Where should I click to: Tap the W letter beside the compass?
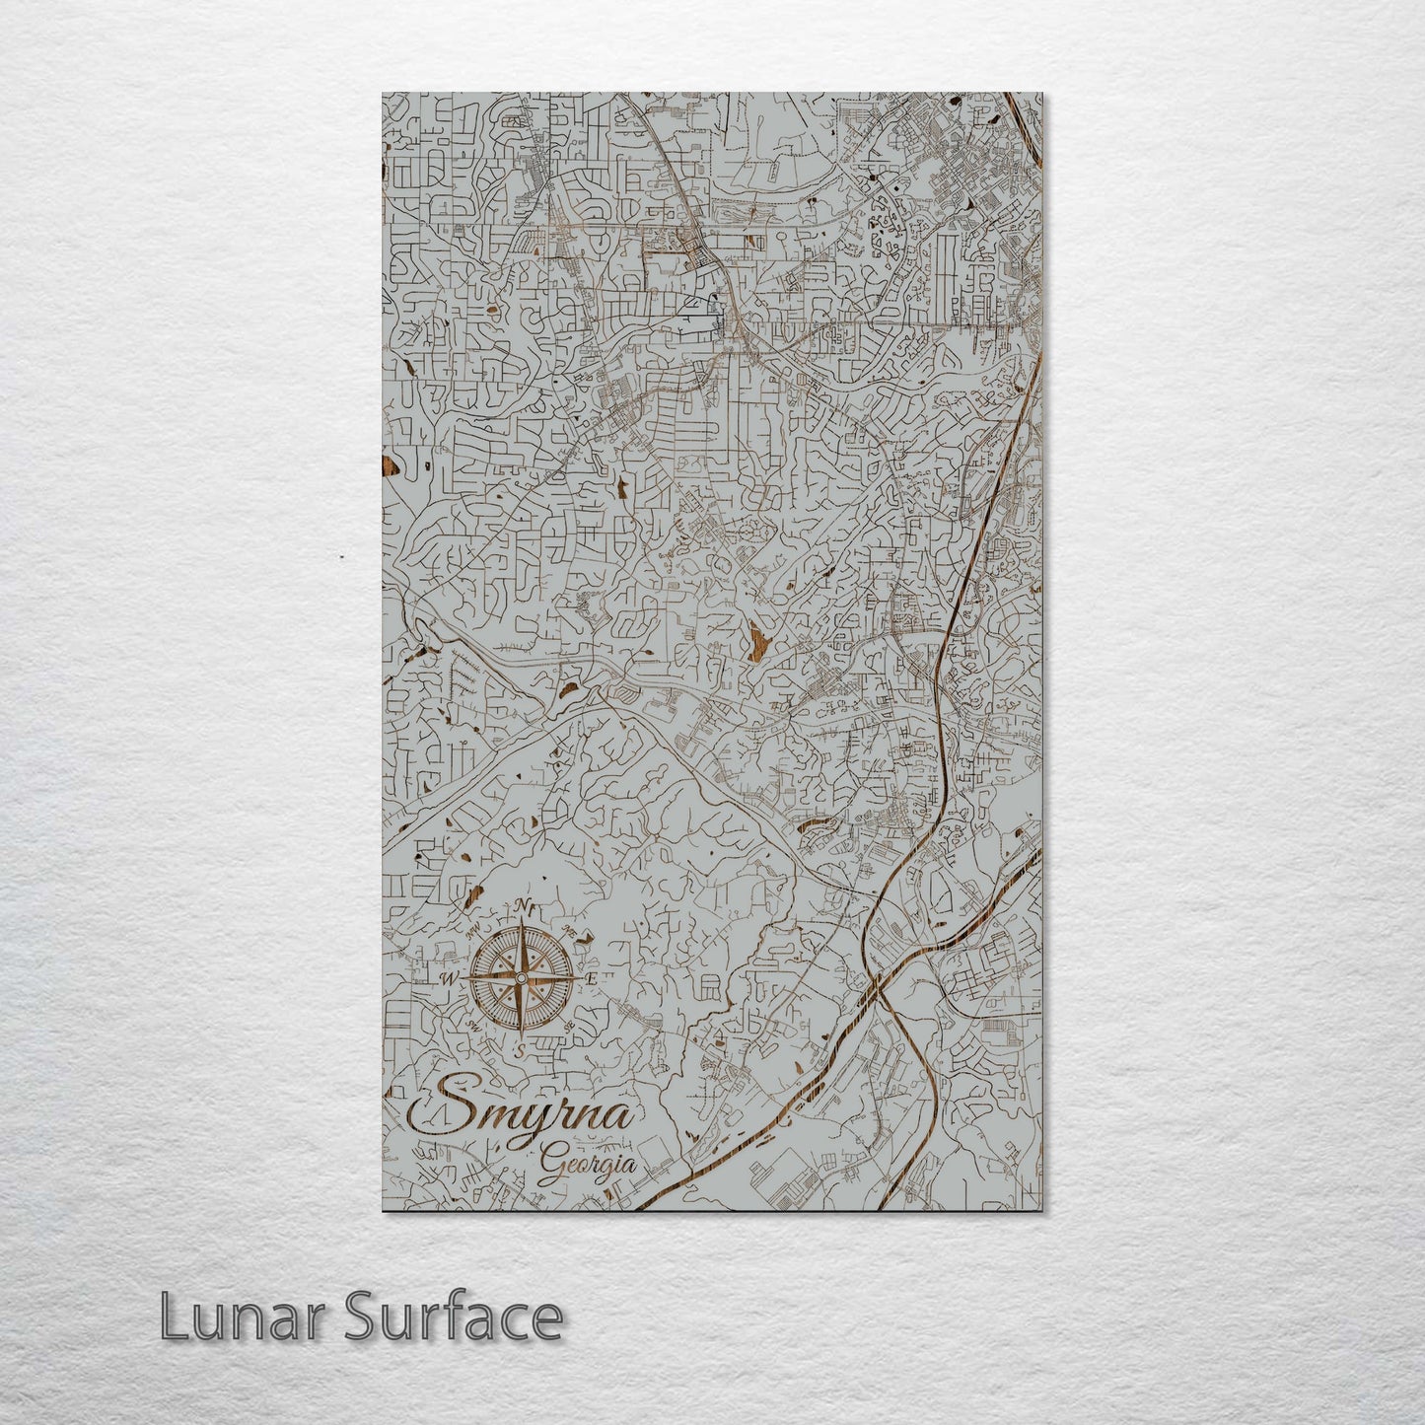tap(450, 978)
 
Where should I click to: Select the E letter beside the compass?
tap(592, 978)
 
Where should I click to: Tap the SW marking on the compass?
tap(473, 1026)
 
